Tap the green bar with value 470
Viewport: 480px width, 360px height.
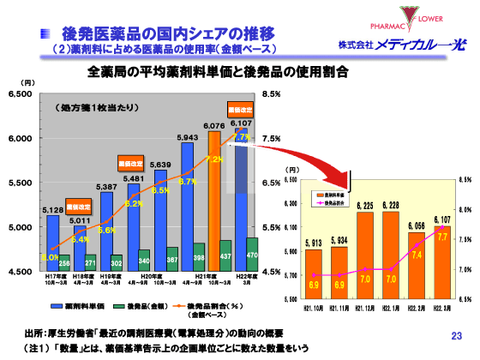click(x=252, y=255)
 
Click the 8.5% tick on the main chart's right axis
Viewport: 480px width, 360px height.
click(x=272, y=94)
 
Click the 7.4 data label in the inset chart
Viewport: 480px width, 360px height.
click(x=417, y=255)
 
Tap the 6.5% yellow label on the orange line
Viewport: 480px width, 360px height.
click(x=159, y=190)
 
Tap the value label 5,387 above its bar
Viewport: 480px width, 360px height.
click(x=106, y=186)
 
